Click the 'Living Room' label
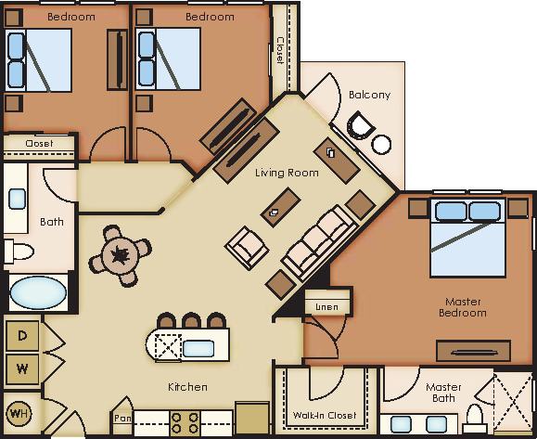287,173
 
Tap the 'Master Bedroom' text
462,306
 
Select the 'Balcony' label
369,95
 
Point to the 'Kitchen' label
188,386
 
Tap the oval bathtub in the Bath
38,294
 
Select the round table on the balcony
382,144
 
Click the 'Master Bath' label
442,393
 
